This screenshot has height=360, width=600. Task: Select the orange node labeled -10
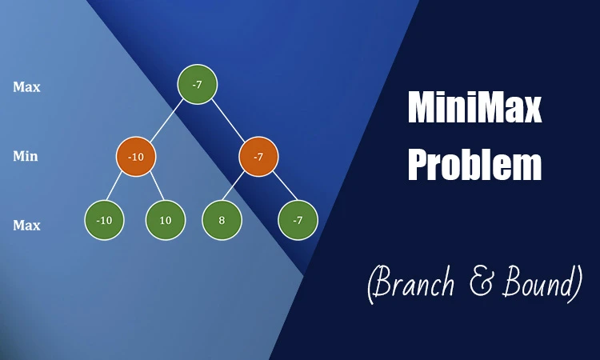pos(136,156)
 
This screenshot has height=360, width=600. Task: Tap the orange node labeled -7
pos(258,156)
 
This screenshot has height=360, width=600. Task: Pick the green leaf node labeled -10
pos(105,219)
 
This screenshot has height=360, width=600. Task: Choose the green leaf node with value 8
pos(222,219)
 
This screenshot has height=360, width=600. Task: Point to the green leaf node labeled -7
pos(298,219)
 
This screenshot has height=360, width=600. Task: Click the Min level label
pos(26,156)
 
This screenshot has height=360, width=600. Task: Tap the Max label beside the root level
pos(26,86)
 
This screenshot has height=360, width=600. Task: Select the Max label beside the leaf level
pos(26,226)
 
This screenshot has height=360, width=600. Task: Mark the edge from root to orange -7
pos(228,121)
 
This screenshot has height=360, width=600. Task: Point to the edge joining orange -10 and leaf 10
pos(152,189)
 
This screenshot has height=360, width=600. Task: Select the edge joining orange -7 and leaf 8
pos(239,189)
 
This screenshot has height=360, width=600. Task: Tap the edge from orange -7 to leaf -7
pos(278,189)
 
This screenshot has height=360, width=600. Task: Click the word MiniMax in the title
pos(474,108)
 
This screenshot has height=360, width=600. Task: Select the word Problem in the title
pos(474,166)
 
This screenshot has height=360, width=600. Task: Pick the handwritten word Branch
pos(420,284)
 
